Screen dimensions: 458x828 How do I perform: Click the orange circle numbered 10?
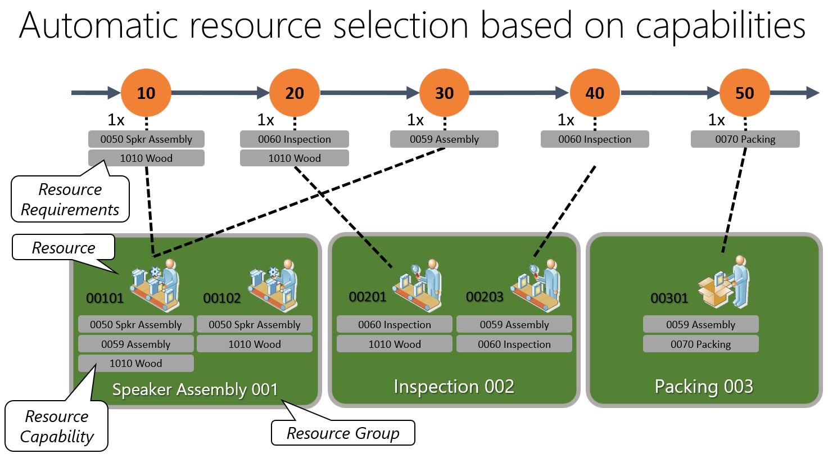point(146,93)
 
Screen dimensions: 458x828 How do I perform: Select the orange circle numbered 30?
point(444,93)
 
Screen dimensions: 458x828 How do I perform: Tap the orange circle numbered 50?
point(744,93)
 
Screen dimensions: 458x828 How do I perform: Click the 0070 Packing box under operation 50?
point(745,139)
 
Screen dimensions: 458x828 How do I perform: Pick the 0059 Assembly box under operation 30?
point(444,139)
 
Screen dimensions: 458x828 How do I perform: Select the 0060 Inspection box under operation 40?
point(595,139)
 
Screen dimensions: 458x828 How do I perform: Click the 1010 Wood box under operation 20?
point(295,158)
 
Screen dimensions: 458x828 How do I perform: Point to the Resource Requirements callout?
point(70,199)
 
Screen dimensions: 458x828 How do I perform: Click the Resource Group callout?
point(343,433)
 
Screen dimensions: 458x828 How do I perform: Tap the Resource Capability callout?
point(57,427)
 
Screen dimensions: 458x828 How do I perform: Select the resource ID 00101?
point(105,298)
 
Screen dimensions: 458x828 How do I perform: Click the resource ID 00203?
point(485,297)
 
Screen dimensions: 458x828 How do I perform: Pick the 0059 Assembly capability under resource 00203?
point(514,325)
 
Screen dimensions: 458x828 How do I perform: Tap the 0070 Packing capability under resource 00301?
point(700,344)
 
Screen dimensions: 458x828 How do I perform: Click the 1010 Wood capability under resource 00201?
point(395,344)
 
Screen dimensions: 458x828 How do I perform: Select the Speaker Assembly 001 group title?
point(195,389)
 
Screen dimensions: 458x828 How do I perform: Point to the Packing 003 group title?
point(704,387)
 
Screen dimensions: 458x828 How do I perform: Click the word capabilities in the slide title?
point(721,26)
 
